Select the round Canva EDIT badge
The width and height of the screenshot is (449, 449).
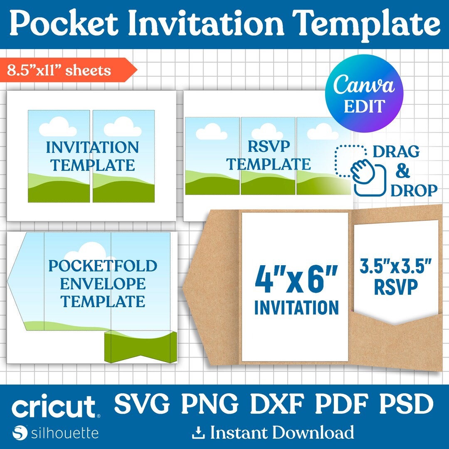coord(364,93)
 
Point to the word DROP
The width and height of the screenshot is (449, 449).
coord(414,190)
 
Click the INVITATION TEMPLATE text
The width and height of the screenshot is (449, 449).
coord(92,156)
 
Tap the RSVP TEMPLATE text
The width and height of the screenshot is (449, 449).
coord(268,155)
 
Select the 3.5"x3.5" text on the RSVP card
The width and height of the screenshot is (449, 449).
coord(396,266)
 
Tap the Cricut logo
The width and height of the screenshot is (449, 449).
coord(54,407)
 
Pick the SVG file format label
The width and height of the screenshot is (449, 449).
coord(142,404)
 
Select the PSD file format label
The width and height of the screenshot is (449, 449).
coord(406,404)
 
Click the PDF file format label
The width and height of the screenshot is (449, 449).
coord(342,404)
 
